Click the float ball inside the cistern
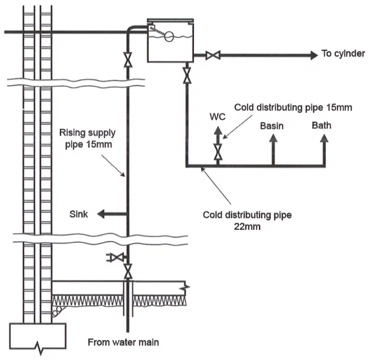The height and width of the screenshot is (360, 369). pos(169,37)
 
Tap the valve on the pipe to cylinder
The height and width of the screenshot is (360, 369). pos(213,55)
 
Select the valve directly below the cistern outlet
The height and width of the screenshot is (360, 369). pos(187,76)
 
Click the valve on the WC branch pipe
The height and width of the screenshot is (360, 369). pos(218,152)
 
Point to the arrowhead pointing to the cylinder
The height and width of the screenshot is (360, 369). pos(314,55)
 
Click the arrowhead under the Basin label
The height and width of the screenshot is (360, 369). pos(273,138)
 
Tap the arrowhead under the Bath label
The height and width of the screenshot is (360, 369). pos(324,138)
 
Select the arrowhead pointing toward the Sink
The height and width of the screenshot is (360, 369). pos(101,214)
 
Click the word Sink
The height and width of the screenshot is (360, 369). pos(78,214)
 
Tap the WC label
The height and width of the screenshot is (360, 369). pos(217,116)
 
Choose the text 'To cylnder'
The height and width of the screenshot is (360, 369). pos(343,54)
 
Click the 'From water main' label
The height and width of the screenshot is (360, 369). pos(123,342)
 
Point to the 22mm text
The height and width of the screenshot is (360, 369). pos(247,226)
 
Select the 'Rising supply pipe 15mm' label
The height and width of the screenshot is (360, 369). pos(87,139)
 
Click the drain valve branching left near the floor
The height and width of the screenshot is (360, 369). pos(115,257)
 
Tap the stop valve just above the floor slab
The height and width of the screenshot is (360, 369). pos(128,271)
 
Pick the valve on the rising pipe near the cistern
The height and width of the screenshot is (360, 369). pos(128,60)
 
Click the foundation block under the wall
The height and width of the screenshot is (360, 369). pos(38,337)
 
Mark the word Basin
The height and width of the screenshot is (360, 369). pos(272,126)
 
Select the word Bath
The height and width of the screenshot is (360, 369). pos(322,125)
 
